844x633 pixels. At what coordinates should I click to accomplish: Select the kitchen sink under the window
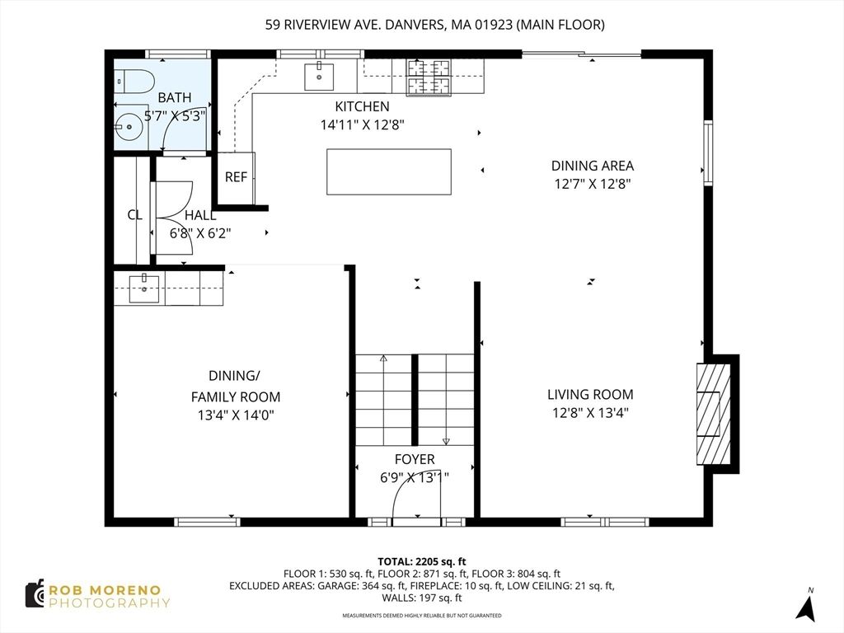click(x=318, y=76)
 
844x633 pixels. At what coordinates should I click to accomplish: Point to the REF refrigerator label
click(x=236, y=177)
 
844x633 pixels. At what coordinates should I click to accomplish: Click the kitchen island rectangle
click(x=389, y=171)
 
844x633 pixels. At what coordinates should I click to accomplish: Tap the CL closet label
click(x=134, y=215)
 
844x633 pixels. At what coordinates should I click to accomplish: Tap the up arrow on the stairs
click(x=383, y=359)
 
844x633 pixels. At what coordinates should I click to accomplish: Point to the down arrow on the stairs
click(x=446, y=440)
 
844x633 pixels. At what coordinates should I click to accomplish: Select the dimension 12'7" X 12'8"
click(x=593, y=185)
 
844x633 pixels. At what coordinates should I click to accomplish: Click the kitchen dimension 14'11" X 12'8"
click(x=362, y=125)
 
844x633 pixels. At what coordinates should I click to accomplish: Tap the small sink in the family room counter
click(x=144, y=285)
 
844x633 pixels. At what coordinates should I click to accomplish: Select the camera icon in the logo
click(x=35, y=594)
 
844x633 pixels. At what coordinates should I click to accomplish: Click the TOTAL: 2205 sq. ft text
click(x=421, y=559)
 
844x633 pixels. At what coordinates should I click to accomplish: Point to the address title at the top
click(x=434, y=25)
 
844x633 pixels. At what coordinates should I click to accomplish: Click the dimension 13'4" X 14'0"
click(x=235, y=415)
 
